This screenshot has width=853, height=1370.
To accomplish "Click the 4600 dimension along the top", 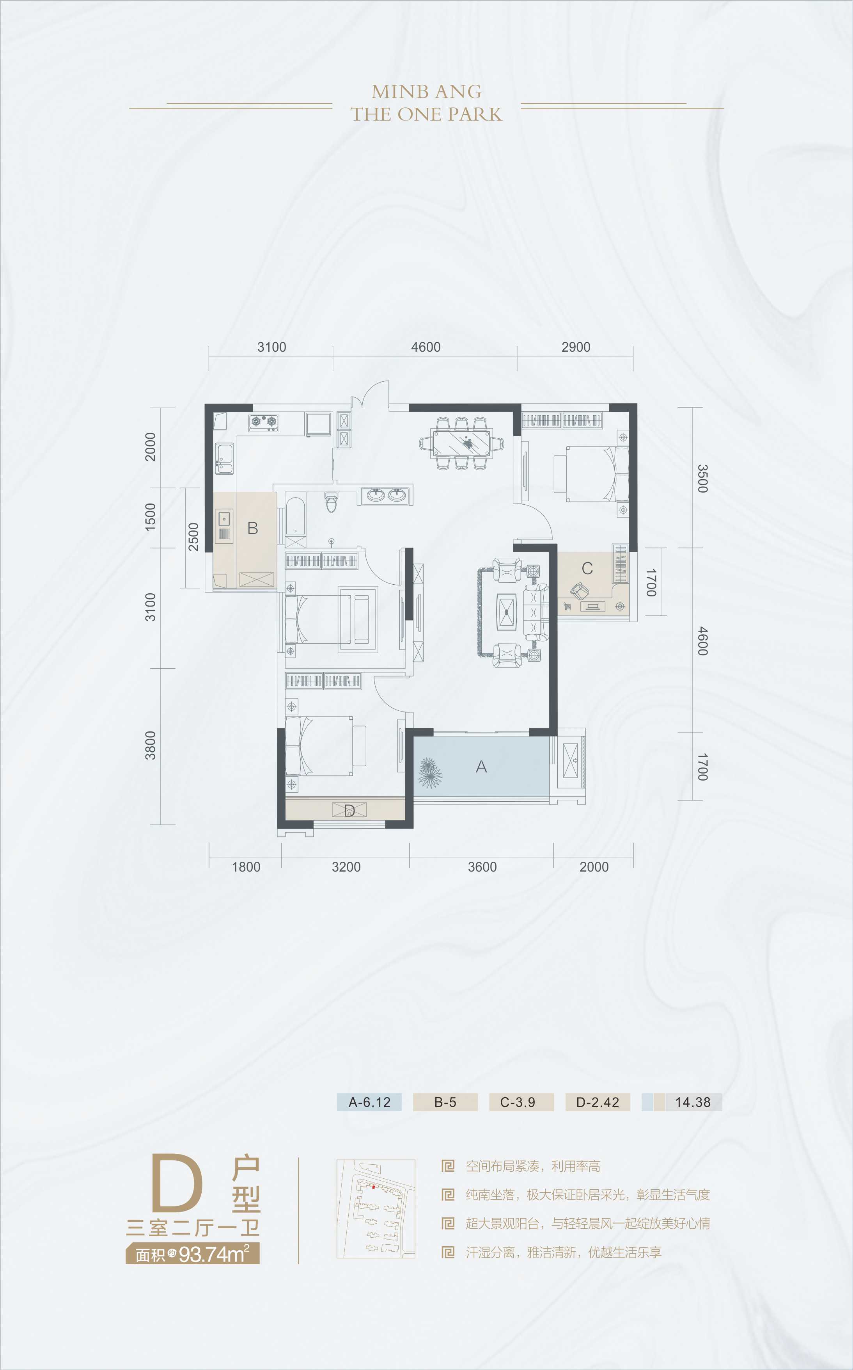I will click(x=426, y=347).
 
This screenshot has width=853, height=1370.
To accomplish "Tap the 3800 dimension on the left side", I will click(x=150, y=745).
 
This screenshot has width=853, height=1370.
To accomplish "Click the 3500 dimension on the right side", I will click(x=702, y=478).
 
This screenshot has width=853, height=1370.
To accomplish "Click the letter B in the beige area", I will click(x=253, y=528).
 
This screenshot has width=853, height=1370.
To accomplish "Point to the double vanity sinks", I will click(x=387, y=495).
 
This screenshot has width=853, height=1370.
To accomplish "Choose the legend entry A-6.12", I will click(x=369, y=1102).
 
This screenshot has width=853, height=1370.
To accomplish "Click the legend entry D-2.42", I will click(x=598, y=1102).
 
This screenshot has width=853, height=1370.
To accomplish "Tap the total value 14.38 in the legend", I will click(x=693, y=1102).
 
